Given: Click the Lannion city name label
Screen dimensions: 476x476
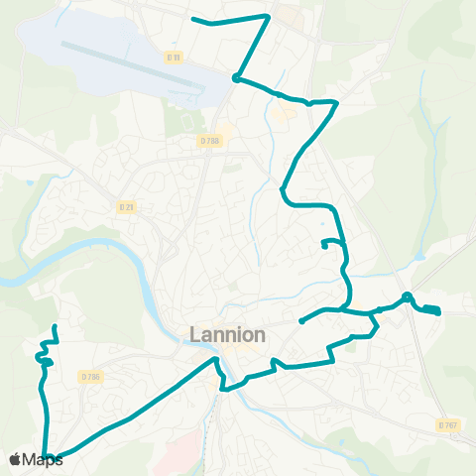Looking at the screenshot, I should point(227,335).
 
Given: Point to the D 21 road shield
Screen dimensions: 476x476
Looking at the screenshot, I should point(126,206).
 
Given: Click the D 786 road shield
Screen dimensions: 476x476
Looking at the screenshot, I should point(91,377).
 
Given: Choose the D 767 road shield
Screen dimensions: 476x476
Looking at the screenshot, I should point(447,424).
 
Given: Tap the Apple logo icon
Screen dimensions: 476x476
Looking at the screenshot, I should point(15,459).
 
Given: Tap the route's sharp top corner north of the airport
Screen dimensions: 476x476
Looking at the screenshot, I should point(269,16).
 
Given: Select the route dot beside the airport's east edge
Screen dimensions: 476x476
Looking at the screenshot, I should point(235,77).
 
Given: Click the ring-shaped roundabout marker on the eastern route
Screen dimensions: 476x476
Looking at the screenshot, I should point(407,297).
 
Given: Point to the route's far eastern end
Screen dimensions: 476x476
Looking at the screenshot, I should point(438,313).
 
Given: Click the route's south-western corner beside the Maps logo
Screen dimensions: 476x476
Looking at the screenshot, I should point(47,454).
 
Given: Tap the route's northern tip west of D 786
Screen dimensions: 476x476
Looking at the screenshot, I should point(54,326).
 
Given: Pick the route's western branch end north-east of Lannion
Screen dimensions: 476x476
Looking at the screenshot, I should point(300,321).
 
